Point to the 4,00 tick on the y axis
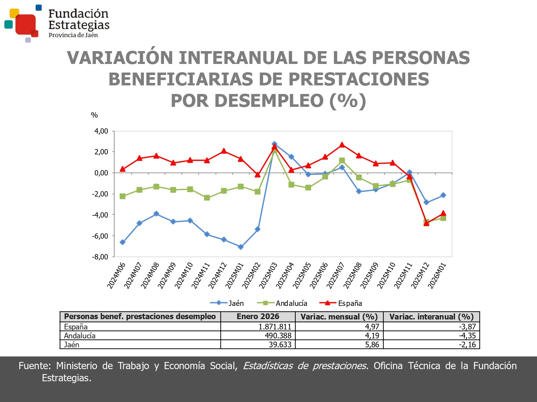click(x=101, y=131)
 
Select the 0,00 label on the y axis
click(x=101, y=173)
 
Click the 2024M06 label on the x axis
click(x=117, y=275)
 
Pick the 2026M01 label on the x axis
click(x=437, y=275)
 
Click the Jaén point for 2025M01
click(x=241, y=247)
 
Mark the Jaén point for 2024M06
click(x=122, y=242)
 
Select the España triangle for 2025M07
click(x=342, y=145)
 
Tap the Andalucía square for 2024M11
click(x=207, y=198)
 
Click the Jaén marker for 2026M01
click(x=443, y=195)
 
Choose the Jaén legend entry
click(x=227, y=303)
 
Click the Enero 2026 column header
click(x=258, y=317)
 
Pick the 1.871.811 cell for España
click(x=275, y=327)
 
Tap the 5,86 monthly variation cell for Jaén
click(x=372, y=344)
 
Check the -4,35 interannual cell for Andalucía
click(x=467, y=336)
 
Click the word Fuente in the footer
click(x=35, y=366)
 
